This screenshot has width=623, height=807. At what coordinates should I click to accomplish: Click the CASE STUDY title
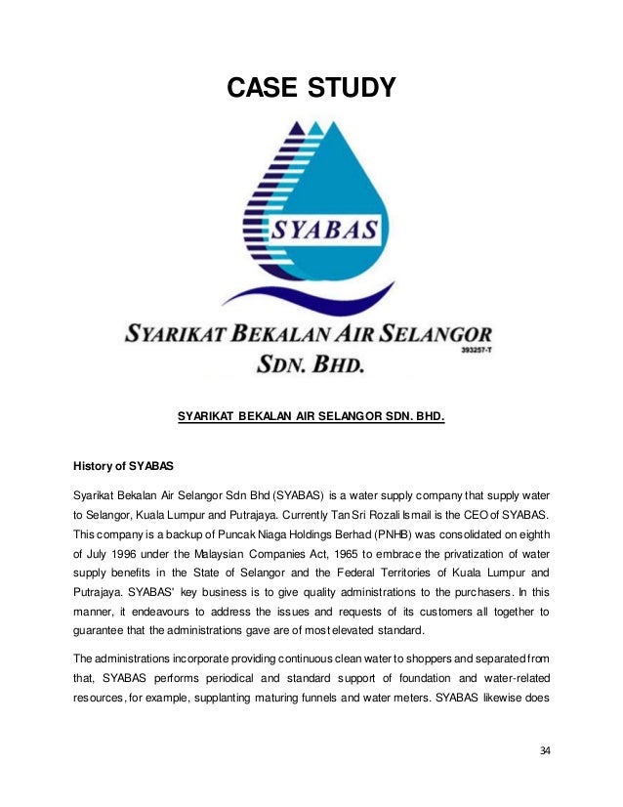click(x=311, y=88)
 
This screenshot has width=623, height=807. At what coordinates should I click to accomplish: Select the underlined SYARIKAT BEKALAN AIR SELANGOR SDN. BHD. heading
click(x=311, y=418)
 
